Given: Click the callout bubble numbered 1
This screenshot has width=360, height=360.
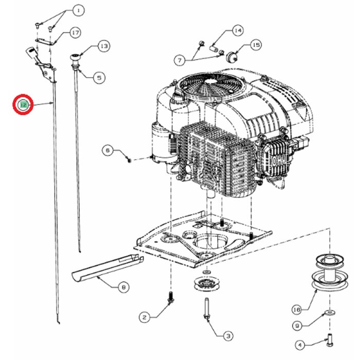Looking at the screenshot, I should [78, 10].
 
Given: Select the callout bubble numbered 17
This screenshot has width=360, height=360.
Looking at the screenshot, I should [76, 33].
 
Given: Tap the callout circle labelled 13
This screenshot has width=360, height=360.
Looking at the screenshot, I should [104, 47].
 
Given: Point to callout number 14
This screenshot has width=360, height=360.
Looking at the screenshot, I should [238, 31].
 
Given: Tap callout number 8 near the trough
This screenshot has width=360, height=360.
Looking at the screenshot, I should [123, 287].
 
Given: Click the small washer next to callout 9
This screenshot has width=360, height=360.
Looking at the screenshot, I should [328, 313].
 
